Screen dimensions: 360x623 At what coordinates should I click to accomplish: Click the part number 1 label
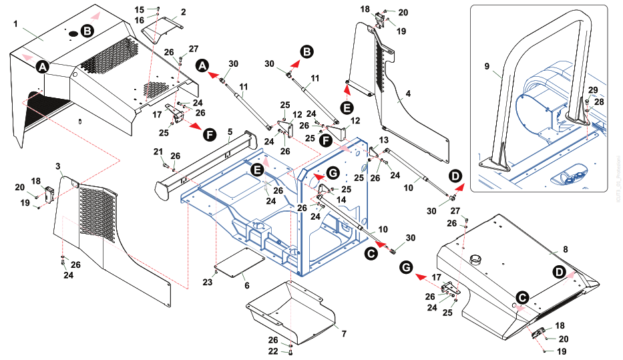pos(15,23)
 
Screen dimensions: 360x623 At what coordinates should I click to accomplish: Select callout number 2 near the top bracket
pos(184,11)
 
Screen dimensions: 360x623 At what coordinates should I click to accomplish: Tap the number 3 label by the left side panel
pos(58,165)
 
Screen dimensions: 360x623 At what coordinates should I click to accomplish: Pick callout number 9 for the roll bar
pos(487,66)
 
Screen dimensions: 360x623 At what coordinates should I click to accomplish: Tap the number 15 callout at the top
pos(140,9)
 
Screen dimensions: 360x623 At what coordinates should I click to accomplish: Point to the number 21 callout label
pos(159,150)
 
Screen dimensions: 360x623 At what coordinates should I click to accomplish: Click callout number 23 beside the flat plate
pos(208,283)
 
